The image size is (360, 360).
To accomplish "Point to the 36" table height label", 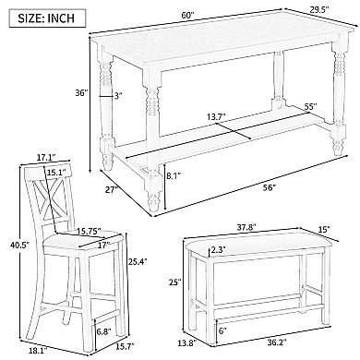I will [80, 92].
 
